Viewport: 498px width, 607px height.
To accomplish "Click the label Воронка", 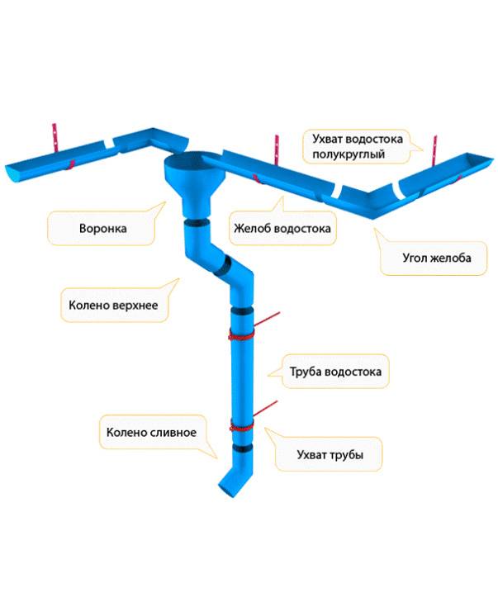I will [x=103, y=229].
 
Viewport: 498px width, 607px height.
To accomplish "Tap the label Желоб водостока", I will [x=282, y=229].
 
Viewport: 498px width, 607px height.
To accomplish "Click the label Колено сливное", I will [x=150, y=432].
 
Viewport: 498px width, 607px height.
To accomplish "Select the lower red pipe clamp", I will [x=240, y=426].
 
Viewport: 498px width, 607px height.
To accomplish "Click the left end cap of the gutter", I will [x=11, y=174].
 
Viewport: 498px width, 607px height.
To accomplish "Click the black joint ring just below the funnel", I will [x=195, y=222].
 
